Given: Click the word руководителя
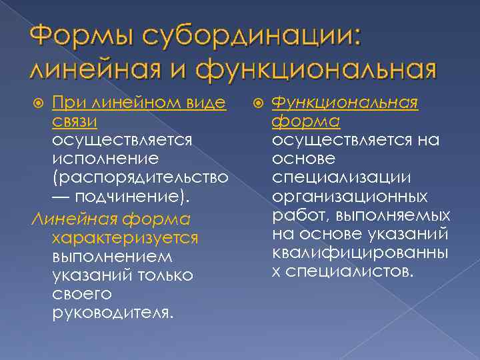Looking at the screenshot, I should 111,312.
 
